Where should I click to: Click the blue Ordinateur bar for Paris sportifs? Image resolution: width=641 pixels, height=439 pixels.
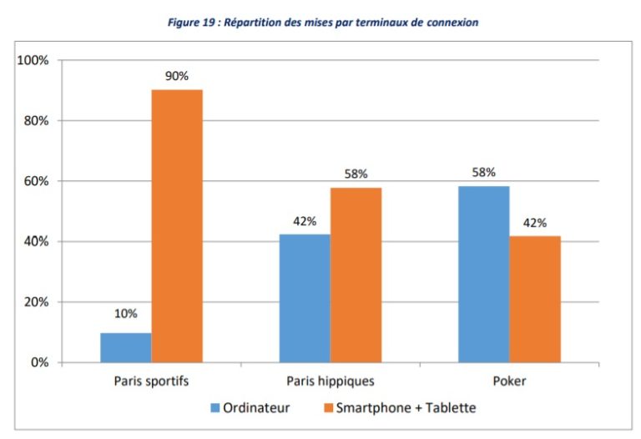pos(125,347)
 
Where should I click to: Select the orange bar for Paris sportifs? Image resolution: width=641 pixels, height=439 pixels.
pos(177,225)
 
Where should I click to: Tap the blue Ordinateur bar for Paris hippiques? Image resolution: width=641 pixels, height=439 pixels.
pos(304,298)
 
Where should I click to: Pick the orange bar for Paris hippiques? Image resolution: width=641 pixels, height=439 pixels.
pos(356,275)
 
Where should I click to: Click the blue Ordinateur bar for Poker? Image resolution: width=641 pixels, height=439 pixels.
pos(483,274)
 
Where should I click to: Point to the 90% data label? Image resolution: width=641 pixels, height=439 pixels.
pos(177,76)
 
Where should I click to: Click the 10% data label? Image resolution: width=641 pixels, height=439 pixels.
pos(125,314)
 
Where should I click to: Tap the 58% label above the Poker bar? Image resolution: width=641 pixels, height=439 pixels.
pos(483,173)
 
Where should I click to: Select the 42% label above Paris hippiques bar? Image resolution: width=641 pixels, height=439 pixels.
pos(304,221)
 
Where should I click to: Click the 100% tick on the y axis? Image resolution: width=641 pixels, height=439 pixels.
pos(33,61)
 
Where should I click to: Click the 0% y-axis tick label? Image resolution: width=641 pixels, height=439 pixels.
pos(40,362)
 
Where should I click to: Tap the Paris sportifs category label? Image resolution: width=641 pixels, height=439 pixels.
pos(150,381)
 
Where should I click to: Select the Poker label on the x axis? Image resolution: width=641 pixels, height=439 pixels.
pos(509,381)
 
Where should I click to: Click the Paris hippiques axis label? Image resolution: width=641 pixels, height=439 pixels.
pos(330,381)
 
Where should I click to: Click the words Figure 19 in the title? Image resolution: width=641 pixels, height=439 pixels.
pos(193,23)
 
